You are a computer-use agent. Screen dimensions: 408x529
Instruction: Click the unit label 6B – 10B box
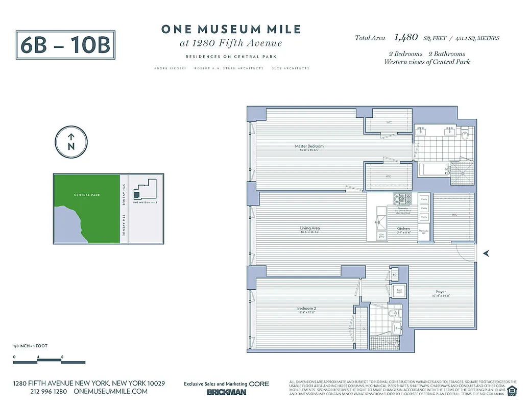[65, 45]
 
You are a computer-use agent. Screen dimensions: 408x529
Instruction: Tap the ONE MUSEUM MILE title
[231, 30]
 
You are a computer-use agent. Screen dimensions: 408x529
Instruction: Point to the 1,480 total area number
[406, 37]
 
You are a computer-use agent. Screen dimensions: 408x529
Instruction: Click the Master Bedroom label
[309, 146]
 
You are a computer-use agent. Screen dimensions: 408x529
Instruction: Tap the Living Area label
[310, 228]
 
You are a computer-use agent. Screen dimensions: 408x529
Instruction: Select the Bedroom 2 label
[307, 308]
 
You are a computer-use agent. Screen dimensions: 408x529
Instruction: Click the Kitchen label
[403, 228]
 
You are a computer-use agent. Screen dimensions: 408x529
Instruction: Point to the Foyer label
[441, 292]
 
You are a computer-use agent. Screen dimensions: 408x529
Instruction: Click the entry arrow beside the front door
[487, 252]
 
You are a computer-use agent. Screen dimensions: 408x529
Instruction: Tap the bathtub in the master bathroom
[432, 169]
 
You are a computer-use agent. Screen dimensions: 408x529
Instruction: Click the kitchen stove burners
[399, 199]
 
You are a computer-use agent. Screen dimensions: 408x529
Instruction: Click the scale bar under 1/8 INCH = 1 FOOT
[38, 362]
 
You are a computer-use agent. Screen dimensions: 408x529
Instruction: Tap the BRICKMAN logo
[226, 392]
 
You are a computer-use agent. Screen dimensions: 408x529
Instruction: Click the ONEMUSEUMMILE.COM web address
[110, 391]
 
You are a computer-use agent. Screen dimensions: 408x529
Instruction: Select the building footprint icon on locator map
[136, 194]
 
